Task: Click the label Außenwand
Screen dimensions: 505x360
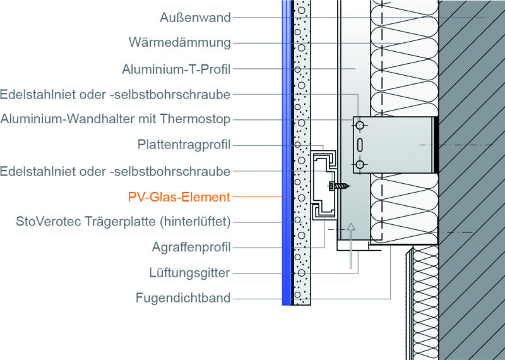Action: pyautogui.click(x=195, y=18)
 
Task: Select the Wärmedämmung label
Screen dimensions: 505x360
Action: pyautogui.click(x=180, y=42)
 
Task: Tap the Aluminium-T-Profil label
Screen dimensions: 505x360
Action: pyautogui.click(x=176, y=69)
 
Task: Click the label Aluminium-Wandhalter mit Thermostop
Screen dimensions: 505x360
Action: pyautogui.click(x=116, y=119)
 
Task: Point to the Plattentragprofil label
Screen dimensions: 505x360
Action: pyautogui.click(x=184, y=145)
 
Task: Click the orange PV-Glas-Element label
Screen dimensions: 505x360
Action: pyautogui.click(x=179, y=196)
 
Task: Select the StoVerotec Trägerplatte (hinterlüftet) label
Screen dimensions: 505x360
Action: pyautogui.click(x=123, y=222)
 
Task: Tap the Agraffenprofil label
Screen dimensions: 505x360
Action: pyautogui.click(x=191, y=247)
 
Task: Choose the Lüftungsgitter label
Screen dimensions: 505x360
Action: pyautogui.click(x=189, y=273)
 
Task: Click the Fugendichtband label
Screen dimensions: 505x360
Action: pyautogui.click(x=183, y=298)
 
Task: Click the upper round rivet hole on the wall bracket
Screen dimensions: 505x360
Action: pyautogui.click(x=360, y=124)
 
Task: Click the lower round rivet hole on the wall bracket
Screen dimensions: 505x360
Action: pyautogui.click(x=360, y=165)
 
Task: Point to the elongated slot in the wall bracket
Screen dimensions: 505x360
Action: pyautogui.click(x=360, y=145)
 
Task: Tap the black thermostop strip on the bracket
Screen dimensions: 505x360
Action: pyautogui.click(x=436, y=145)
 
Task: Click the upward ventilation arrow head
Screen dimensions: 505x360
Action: pyautogui.click(x=351, y=227)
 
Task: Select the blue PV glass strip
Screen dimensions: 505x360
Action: pyautogui.click(x=286, y=152)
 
